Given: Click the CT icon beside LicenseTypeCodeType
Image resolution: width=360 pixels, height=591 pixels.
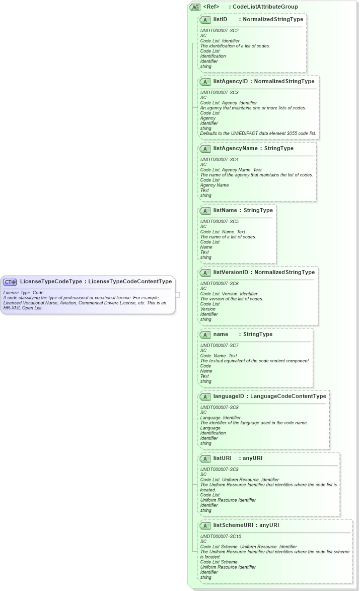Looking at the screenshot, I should click(x=10, y=282).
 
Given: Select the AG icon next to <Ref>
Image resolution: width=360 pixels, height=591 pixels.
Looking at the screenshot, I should click(x=195, y=7).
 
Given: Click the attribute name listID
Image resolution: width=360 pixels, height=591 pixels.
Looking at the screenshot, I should click(x=221, y=20).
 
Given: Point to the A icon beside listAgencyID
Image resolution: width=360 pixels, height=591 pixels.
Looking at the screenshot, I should click(x=205, y=82).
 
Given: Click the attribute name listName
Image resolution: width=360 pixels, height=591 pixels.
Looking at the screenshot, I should click(x=225, y=211).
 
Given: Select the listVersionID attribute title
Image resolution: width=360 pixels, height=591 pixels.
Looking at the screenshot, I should click(x=231, y=273).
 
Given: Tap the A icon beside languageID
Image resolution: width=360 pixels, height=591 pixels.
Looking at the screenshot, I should click(x=205, y=397).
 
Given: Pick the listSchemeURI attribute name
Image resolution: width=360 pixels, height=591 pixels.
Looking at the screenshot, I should click(x=233, y=526).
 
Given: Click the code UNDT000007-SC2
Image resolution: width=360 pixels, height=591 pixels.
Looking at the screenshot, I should click(x=219, y=31).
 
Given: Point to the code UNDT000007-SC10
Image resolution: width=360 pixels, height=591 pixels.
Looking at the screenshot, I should click(x=221, y=537).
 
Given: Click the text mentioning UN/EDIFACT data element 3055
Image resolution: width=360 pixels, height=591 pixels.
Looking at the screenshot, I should click(x=258, y=134).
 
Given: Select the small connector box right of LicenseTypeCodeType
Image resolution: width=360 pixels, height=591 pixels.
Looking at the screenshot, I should click(x=177, y=295).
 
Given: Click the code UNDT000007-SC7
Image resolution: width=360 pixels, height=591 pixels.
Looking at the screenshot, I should click(x=219, y=346).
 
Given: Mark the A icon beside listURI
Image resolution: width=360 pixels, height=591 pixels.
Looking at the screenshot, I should click(x=205, y=458).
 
